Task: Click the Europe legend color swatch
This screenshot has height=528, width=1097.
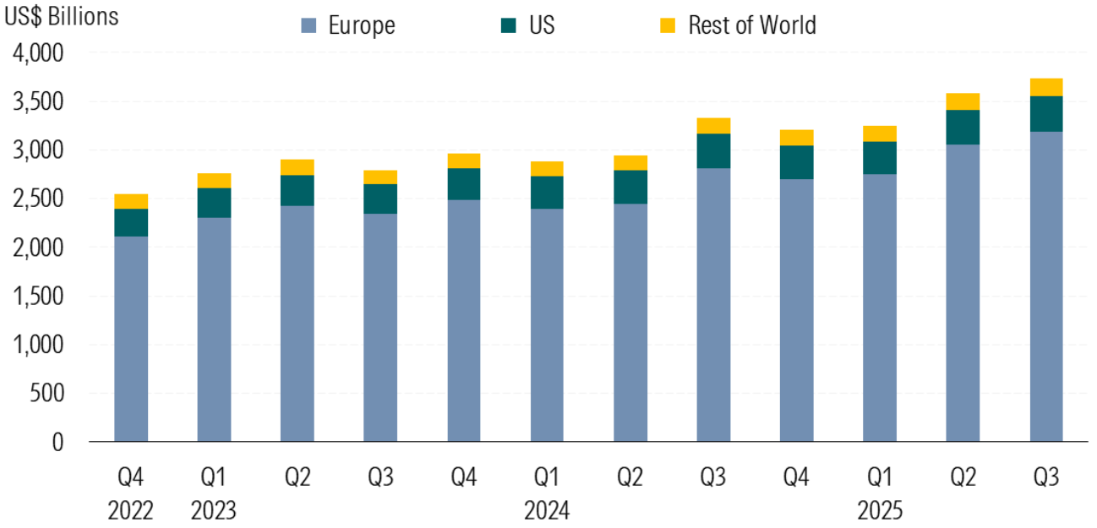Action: pyautogui.click(x=309, y=26)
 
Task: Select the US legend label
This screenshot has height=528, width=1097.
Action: pyautogui.click(x=542, y=25)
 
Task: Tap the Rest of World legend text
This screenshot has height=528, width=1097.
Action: pyautogui.click(x=751, y=25)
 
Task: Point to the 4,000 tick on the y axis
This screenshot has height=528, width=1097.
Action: pyautogui.click(x=39, y=53)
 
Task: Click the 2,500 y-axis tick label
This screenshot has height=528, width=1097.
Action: pyautogui.click(x=39, y=199)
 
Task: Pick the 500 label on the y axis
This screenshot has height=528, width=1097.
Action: pyautogui.click(x=46, y=394)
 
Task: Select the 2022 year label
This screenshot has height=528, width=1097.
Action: pyautogui.click(x=131, y=511)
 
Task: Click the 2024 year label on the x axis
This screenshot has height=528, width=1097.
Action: pyautogui.click(x=547, y=511)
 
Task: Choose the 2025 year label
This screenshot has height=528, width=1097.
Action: pyautogui.click(x=879, y=511)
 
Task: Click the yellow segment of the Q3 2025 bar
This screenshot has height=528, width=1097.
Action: pyautogui.click(x=1045, y=87)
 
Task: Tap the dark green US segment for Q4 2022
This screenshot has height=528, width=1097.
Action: pyautogui.click(x=131, y=222)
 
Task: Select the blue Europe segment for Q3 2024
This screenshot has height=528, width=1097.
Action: pyautogui.click(x=713, y=304)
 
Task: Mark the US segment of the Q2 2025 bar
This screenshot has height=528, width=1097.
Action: pyautogui.click(x=963, y=127)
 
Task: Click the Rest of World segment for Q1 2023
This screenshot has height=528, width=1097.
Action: pyautogui.click(x=214, y=181)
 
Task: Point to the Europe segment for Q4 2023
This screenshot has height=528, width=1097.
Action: pyautogui.click(x=464, y=321)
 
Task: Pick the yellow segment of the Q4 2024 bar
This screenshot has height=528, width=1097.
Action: pyautogui.click(x=796, y=138)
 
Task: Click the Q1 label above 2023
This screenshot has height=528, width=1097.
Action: pyautogui.click(x=214, y=478)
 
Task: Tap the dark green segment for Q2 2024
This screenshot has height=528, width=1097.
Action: pyautogui.click(x=630, y=187)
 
